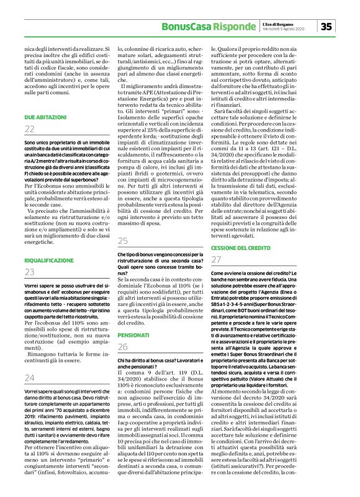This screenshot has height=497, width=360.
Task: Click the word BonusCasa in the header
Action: coord(184,27)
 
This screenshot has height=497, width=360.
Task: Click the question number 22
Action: coord(29,128)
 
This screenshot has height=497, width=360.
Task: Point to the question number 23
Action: coord(29,272)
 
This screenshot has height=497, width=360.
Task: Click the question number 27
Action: coord(217,259)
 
